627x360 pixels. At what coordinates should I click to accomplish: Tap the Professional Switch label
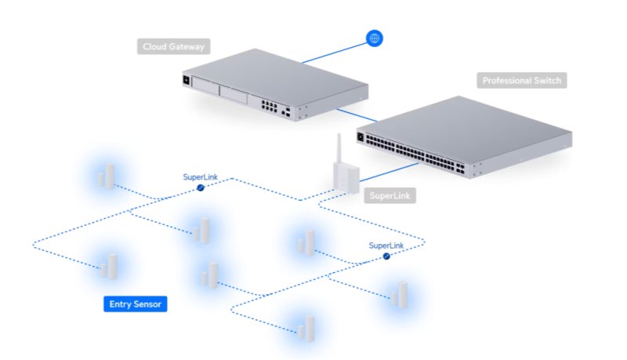[x=521, y=80]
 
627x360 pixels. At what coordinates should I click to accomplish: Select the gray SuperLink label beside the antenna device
[x=390, y=195]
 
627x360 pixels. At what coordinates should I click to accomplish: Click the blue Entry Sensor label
[x=136, y=304]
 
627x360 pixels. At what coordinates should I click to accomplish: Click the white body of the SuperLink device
[x=342, y=177]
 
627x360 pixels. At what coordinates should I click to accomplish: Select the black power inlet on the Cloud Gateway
[x=187, y=79]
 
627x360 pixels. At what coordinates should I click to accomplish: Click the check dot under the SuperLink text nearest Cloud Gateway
[x=201, y=188]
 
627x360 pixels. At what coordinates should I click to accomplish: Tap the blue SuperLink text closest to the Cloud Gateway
[x=201, y=177]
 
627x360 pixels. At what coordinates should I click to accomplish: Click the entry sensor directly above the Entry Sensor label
[x=109, y=266]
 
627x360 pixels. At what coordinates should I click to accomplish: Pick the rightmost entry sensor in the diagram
[x=400, y=293]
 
